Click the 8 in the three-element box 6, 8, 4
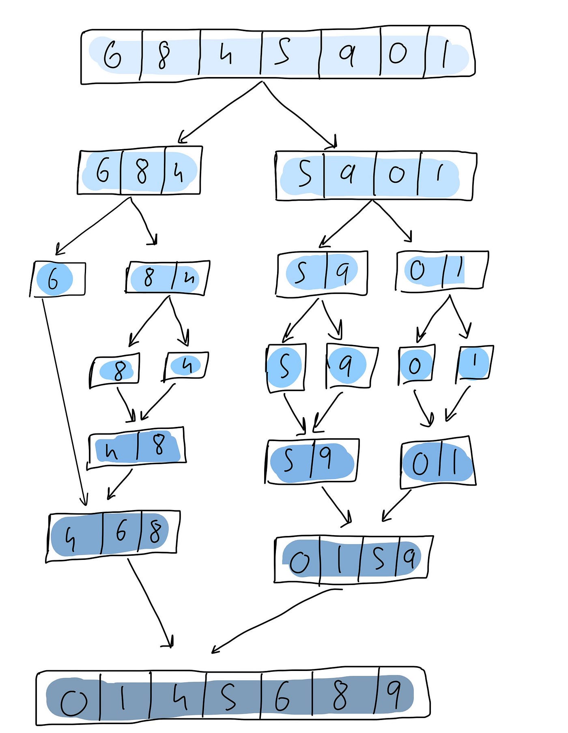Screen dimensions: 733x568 pos(142,171)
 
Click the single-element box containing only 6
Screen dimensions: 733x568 pos(58,279)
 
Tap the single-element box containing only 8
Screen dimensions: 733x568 pos(115,370)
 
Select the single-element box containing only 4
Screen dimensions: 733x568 pos(186,366)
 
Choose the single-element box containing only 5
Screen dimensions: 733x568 pos(285,367)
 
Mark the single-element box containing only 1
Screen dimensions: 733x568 pos(474,362)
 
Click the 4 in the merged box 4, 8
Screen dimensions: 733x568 pos(111,451)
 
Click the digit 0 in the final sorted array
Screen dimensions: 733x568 pos(73,702)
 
